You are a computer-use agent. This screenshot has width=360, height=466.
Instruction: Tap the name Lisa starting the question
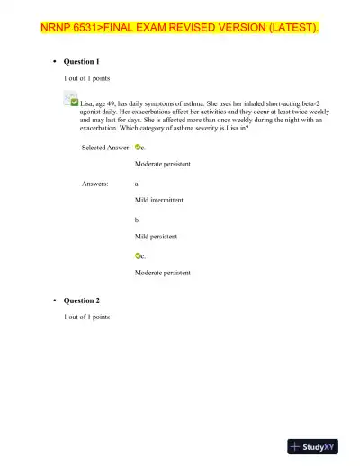88,104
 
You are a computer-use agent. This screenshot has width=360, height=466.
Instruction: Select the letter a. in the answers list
137,184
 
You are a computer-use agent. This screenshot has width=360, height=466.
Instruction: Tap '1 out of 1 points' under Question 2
86,318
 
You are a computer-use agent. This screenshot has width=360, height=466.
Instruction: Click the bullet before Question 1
56,63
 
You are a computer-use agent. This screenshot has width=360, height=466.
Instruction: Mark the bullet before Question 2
56,300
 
